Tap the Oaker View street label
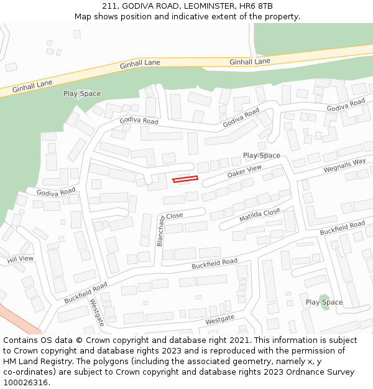244,170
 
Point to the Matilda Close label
260,216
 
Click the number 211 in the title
111,6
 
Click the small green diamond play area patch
323,299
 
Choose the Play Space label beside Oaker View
261,156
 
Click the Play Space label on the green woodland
81,94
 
